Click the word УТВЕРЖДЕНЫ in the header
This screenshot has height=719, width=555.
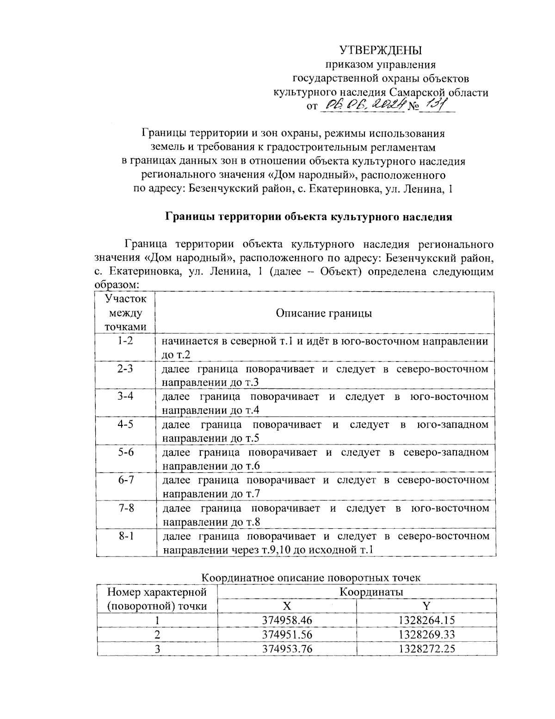[381, 50]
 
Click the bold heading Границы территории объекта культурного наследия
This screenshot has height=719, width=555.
[308, 217]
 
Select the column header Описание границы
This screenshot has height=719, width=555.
[324, 313]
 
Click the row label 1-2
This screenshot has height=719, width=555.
[125, 341]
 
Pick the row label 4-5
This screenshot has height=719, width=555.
[125, 424]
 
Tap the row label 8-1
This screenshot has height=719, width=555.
[125, 536]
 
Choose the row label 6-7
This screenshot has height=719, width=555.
[125, 480]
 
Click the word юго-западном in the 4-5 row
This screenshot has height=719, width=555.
[453, 425]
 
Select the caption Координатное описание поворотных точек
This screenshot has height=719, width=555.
[311, 578]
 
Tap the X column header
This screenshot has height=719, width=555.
[287, 606]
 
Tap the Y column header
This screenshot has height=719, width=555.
[426, 606]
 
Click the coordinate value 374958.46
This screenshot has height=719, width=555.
[287, 620]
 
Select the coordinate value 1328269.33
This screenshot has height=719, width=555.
[426, 634]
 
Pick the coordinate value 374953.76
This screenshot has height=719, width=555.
[287, 649]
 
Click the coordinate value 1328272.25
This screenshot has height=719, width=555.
[426, 649]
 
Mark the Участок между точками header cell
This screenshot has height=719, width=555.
[125, 313]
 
